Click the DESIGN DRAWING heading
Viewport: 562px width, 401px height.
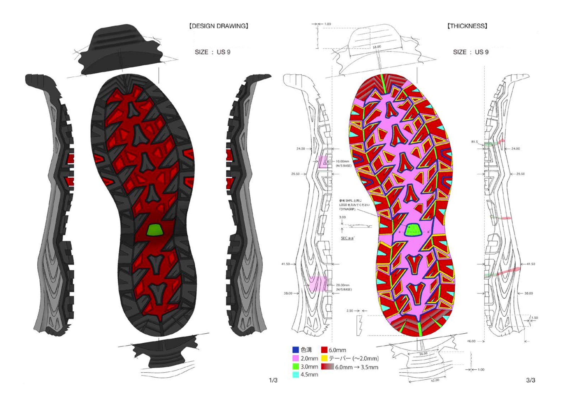[219, 26]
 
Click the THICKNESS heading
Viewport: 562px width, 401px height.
[467, 26]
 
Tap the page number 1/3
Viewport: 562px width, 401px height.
[273, 380]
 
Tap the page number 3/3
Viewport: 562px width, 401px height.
[531, 380]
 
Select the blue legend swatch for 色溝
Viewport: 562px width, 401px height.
[296, 350]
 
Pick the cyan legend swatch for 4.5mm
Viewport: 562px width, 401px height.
[296, 375]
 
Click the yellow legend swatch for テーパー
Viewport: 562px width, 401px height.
[324, 358]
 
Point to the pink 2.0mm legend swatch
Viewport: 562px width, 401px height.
[296, 358]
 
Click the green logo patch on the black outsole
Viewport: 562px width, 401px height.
[155, 229]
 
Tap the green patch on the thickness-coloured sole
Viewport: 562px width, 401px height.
[413, 230]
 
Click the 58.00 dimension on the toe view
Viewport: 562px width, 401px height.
[377, 47]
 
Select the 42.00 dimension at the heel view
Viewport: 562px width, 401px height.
[435, 380]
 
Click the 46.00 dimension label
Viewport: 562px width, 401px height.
[471, 341]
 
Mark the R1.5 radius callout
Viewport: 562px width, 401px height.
[475, 142]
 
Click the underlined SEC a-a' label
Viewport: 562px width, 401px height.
[347, 238]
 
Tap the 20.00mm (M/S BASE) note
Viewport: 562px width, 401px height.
[343, 287]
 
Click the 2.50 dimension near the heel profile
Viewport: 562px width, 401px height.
[350, 311]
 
